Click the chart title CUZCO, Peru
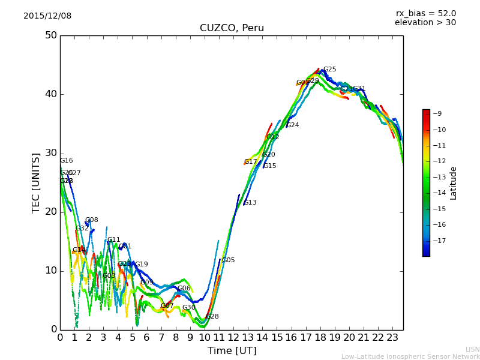point(232,28)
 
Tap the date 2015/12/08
point(47,16)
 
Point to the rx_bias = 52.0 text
point(425,14)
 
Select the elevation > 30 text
point(425,23)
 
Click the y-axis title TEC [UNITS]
point(37,182)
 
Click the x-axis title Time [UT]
point(232,350)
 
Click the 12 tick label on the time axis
point(233,338)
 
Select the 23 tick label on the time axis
point(392,338)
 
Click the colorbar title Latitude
point(454,183)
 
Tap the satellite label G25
point(329,70)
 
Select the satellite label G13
point(250,203)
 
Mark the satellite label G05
point(228,260)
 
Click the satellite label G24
point(292,125)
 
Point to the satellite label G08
point(91,220)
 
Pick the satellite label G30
point(188,308)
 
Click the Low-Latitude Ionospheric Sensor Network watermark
point(410,356)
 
